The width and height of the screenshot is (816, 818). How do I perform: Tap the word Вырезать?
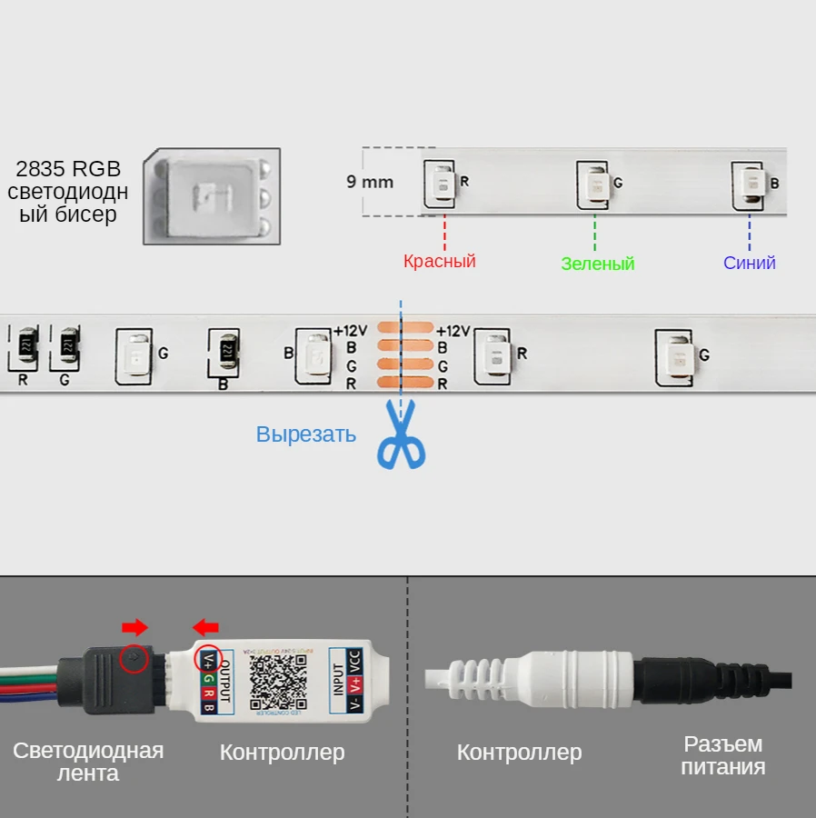tap(305, 434)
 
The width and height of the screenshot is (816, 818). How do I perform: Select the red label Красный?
tap(439, 262)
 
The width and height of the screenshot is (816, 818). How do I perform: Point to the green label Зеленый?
tap(597, 264)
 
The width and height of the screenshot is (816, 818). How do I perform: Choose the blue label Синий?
tap(749, 263)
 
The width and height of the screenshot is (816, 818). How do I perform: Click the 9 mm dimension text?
tap(370, 181)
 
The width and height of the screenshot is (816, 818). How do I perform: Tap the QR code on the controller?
tap(275, 682)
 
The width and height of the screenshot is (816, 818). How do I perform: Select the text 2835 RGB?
tap(68, 168)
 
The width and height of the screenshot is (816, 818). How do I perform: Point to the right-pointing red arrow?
tap(134, 627)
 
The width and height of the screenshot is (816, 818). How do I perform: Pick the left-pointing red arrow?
tap(206, 627)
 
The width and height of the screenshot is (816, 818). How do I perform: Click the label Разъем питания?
tap(723, 755)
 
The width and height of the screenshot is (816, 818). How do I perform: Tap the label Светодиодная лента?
tap(88, 762)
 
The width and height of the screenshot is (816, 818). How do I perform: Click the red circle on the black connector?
tap(134, 658)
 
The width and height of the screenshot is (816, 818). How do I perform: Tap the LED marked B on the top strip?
tap(750, 184)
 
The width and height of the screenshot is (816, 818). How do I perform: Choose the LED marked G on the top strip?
tap(594, 184)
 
